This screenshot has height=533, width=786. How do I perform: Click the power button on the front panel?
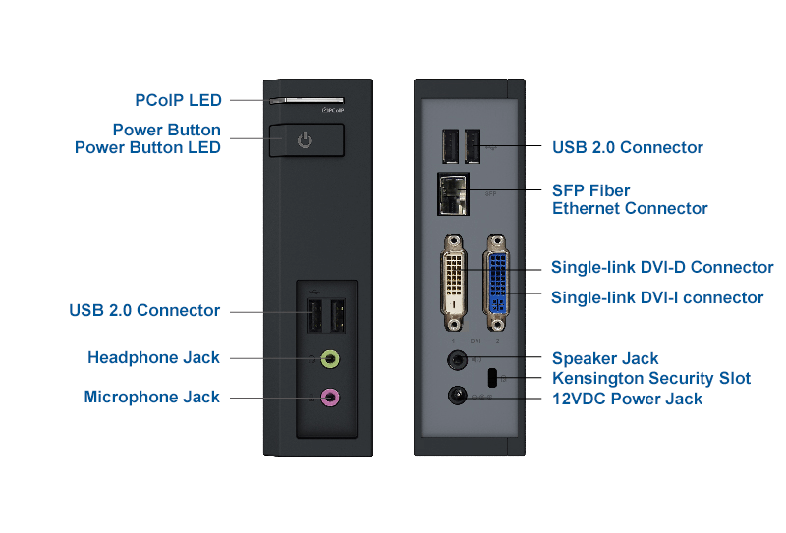(x=306, y=140)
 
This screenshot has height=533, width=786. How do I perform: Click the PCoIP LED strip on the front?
(x=305, y=99)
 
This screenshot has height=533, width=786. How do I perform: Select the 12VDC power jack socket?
(x=456, y=396)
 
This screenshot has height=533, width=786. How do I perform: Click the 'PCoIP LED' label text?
(x=178, y=100)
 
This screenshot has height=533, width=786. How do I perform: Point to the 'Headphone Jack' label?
(x=153, y=358)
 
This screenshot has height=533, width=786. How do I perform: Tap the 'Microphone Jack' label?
(x=151, y=398)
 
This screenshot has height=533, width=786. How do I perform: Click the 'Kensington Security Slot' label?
(x=650, y=379)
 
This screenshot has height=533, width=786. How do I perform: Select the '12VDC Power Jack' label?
(x=627, y=399)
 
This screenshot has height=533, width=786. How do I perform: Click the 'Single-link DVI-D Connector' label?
(x=661, y=267)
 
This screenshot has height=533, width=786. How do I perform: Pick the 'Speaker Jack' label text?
(x=605, y=359)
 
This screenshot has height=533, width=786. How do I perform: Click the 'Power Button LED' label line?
(x=147, y=147)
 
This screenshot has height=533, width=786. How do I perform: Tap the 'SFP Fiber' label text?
(x=590, y=190)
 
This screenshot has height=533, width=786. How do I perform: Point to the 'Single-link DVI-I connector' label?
(x=656, y=297)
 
